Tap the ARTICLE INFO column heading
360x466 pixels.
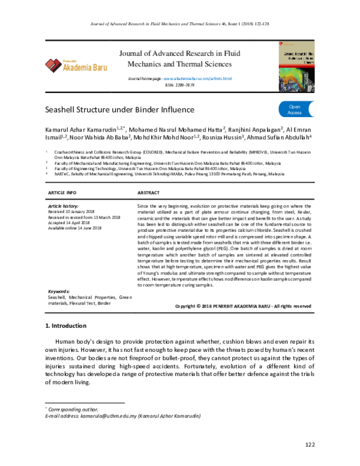(x=62, y=192)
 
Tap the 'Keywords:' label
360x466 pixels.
(x=59, y=291)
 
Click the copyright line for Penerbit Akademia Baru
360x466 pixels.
(x=242, y=306)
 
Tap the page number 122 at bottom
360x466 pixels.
(x=310, y=444)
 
